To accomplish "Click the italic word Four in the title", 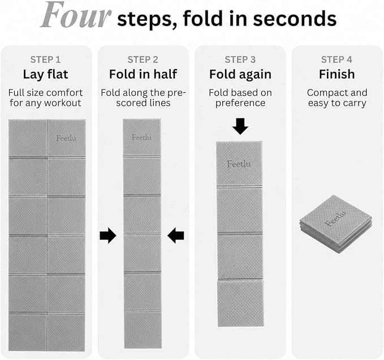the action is [x=76, y=15].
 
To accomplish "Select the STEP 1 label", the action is [x=45, y=59].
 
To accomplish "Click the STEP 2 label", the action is [x=143, y=59].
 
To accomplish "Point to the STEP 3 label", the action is [x=240, y=59].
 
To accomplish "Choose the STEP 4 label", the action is [x=336, y=59].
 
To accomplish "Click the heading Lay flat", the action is [x=46, y=75].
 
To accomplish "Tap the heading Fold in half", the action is [x=143, y=74].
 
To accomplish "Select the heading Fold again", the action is [x=240, y=75].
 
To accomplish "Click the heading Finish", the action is [x=336, y=74].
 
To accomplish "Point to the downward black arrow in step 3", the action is [x=240, y=126].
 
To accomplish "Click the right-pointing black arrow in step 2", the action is [x=108, y=235].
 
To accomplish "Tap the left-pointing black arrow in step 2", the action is [x=176, y=235].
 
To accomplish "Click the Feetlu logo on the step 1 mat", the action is [x=66, y=138].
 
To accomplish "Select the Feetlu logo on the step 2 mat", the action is [x=141, y=138].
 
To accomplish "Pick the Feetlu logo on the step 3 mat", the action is [x=239, y=164].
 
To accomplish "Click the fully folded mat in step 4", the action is [x=336, y=224].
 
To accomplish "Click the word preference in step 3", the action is [x=240, y=103].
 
